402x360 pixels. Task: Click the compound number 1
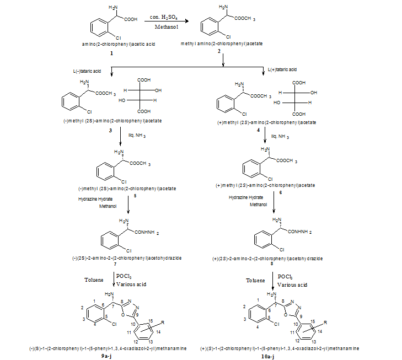(x=111, y=53)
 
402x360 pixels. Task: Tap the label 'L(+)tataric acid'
(x=282, y=70)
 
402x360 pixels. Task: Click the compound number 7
(x=128, y=266)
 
